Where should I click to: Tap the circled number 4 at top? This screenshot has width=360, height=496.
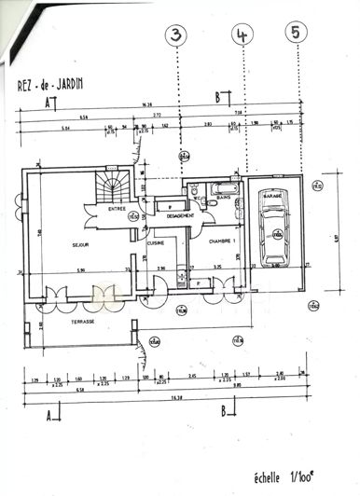242,34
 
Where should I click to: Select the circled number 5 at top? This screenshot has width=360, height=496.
298,33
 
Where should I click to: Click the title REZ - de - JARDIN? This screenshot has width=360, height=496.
50,82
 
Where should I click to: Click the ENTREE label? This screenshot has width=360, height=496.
118,209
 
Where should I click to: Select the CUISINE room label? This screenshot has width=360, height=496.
156,242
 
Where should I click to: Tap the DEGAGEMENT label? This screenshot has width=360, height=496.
180,216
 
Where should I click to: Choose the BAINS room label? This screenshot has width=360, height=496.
225,198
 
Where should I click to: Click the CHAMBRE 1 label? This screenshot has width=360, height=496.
222,240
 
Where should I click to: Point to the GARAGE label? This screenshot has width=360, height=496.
272,198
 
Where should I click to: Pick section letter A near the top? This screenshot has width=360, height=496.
47,104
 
